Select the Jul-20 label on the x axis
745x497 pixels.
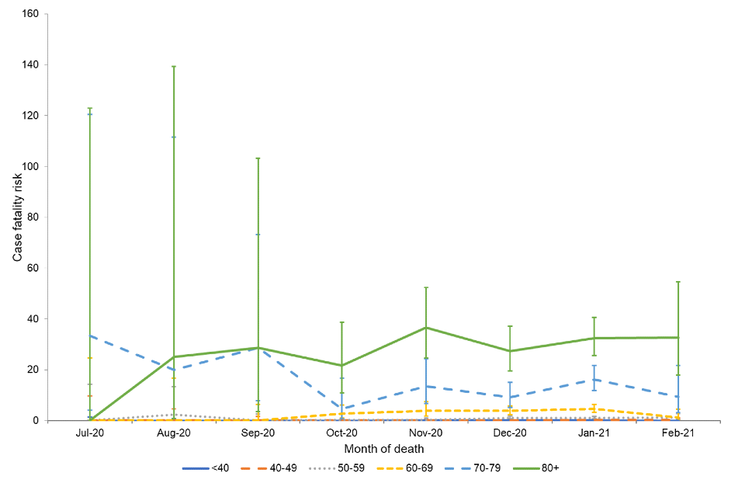coord(90,433)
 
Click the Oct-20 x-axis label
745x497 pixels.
coord(341,433)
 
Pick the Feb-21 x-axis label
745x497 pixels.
coord(677,433)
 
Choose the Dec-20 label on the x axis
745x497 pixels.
coord(510,433)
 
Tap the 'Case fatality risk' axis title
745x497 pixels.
coord(17,217)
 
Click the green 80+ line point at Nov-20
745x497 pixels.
coord(426,327)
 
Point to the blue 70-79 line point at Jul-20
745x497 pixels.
coord(90,335)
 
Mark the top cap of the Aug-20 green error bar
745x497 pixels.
coord(174,66)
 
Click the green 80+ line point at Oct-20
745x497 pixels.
coord(341,365)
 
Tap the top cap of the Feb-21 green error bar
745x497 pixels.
coord(677,281)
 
